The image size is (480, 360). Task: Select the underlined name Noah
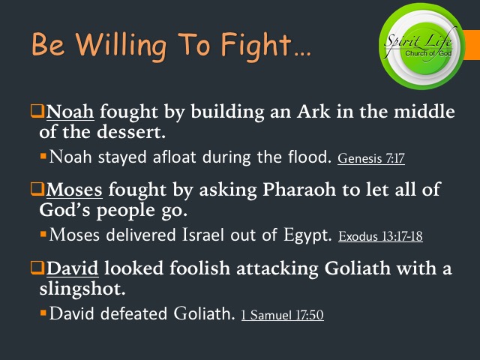70,113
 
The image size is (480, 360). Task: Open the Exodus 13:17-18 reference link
380,237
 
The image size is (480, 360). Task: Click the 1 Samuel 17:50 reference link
282,316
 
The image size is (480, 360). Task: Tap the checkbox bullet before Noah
37,113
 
